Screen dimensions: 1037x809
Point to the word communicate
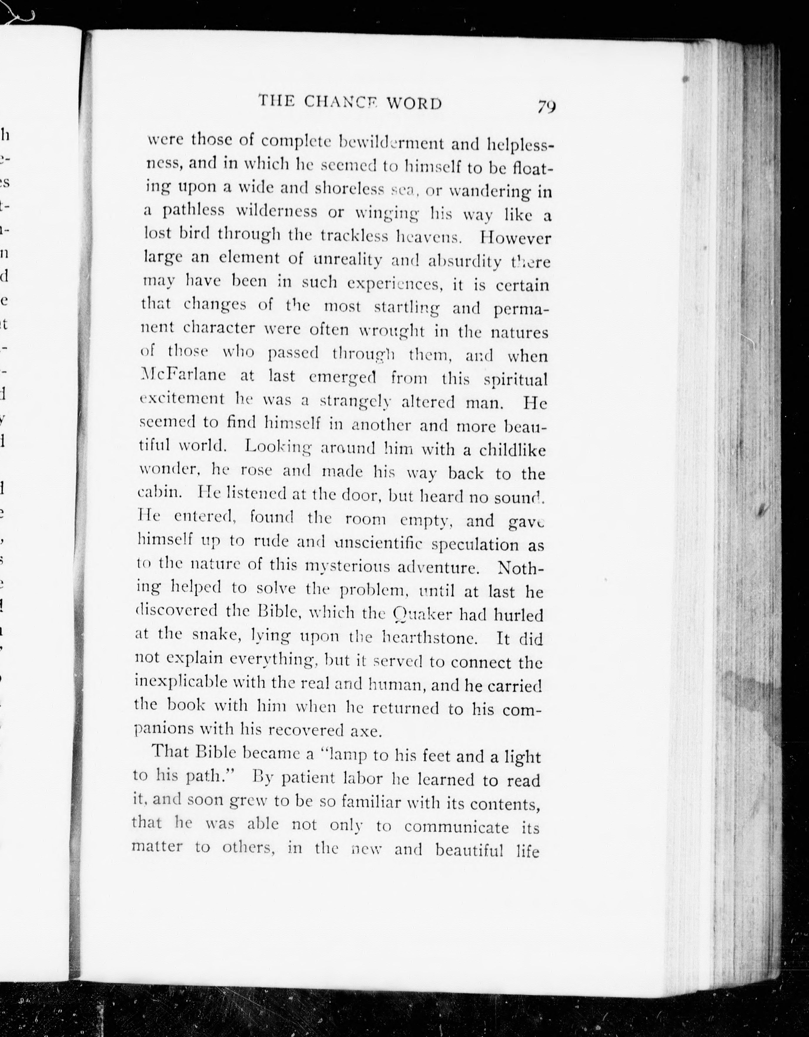(x=456, y=827)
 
